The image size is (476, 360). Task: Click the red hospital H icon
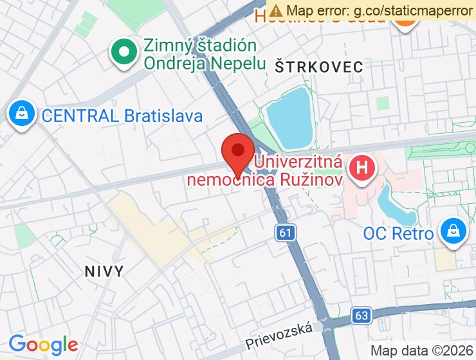[x=362, y=168]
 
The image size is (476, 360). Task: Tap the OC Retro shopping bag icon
[x=454, y=230]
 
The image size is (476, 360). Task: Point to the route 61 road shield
[x=286, y=233]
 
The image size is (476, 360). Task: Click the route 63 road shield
[x=362, y=316]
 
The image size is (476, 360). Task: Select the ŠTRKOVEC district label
[x=318, y=66]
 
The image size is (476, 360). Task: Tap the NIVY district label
[x=104, y=271]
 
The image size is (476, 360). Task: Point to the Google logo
[x=43, y=345]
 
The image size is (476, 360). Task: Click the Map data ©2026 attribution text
[x=421, y=351]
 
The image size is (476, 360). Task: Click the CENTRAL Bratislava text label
[x=122, y=116]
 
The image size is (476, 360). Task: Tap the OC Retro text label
[x=398, y=233]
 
